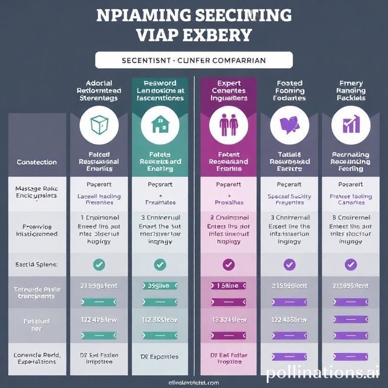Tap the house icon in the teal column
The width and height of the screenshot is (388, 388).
[160, 124]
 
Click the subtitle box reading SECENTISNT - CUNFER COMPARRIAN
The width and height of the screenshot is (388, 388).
[194, 60]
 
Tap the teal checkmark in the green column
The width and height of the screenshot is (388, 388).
[160, 264]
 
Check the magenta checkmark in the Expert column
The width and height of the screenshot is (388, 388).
[228, 264]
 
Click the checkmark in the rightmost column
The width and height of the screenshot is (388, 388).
[350, 264]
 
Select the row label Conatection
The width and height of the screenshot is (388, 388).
[36, 162]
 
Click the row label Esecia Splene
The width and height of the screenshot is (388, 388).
[36, 264]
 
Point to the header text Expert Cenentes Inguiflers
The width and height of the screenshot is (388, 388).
[229, 90]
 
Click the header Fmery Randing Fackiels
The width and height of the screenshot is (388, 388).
[351, 90]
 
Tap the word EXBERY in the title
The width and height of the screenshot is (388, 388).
[221, 35]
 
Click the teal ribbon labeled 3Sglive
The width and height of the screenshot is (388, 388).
[160, 286]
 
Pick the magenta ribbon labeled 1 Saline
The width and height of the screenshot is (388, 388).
[228, 286]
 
